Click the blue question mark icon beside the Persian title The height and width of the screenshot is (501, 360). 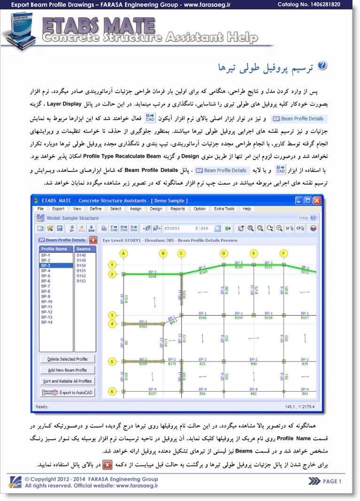[322, 66]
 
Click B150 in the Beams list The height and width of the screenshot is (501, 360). [81, 266]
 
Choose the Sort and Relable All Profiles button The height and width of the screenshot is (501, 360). [68, 381]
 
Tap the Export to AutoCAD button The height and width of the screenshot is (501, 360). [68, 393]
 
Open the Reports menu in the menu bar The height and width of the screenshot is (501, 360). [178, 209]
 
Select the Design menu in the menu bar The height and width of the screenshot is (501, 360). [156, 209]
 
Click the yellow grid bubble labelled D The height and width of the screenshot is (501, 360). [224, 254]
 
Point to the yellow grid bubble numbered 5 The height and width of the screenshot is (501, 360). [112, 362]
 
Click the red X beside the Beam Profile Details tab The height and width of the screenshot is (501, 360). [93, 240]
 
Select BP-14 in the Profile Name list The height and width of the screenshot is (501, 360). [47, 323]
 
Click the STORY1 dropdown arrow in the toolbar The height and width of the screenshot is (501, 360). [218, 229]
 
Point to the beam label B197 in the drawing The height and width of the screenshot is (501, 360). [152, 394]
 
